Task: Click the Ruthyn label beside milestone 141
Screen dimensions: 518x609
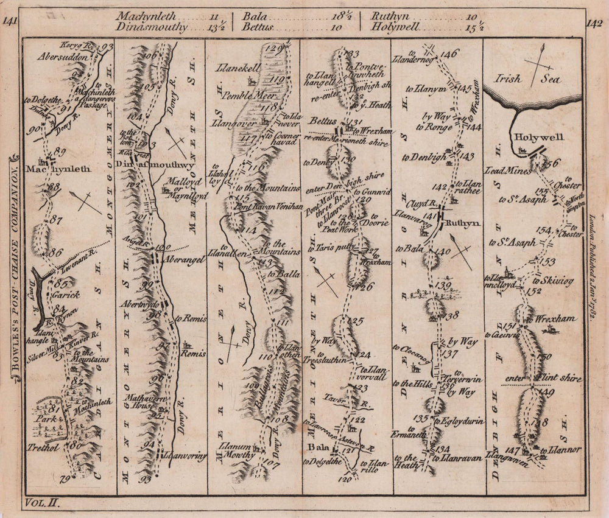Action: point(462,223)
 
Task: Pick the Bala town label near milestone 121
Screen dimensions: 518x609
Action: point(319,449)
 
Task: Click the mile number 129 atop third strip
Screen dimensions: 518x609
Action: point(275,49)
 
